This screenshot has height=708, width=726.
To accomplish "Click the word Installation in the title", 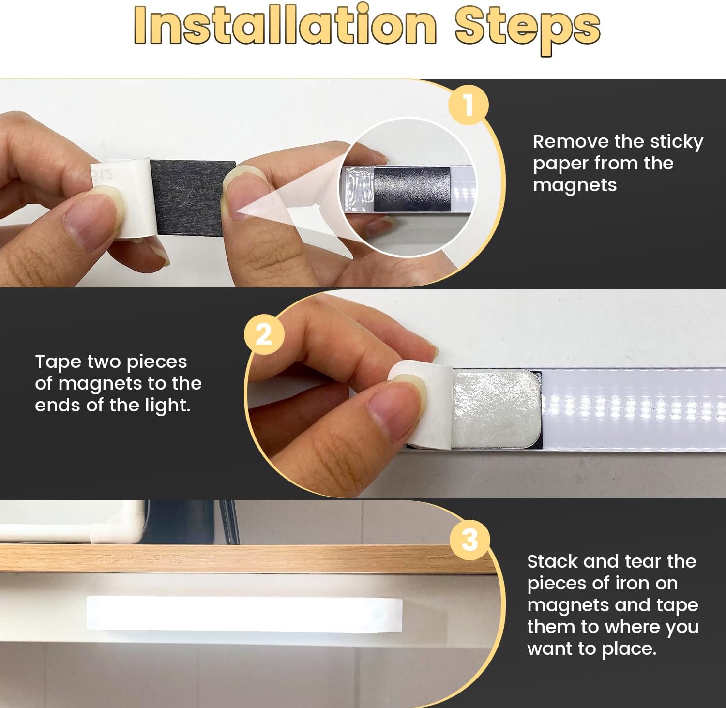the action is [286, 25].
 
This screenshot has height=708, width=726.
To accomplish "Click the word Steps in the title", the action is [528, 29].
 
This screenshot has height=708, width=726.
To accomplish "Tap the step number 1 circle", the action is [468, 105].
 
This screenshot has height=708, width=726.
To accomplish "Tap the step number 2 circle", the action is [264, 334].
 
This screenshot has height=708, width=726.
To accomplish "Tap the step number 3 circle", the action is [469, 539].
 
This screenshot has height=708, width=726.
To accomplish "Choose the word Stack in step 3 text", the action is [552, 561].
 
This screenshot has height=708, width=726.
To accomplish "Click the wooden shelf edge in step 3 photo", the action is [247, 559].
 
